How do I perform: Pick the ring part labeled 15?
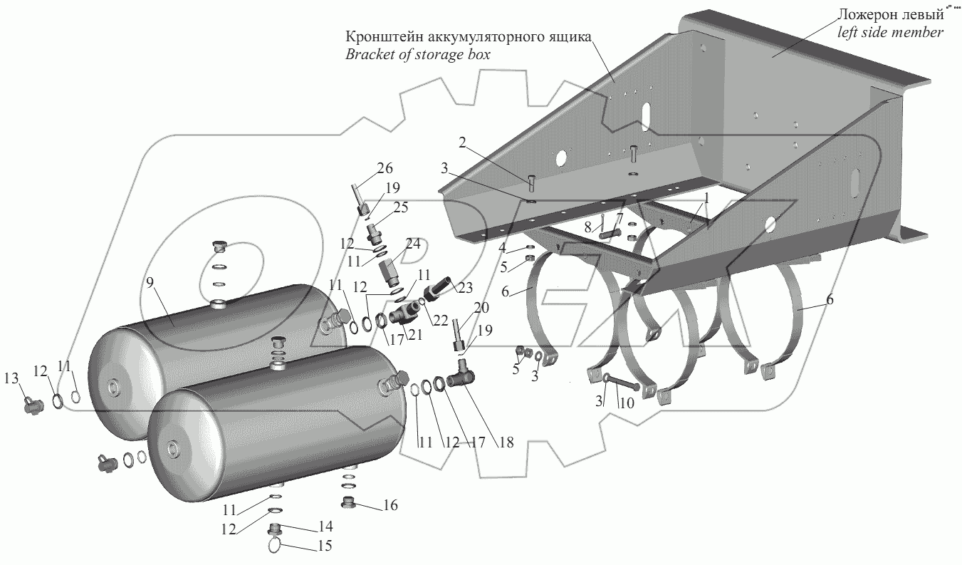coord(276,546)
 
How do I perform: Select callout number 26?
coord(385,168)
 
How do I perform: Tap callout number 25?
coord(402,207)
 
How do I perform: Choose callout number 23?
coord(466,289)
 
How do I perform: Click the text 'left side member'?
coord(889,32)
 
